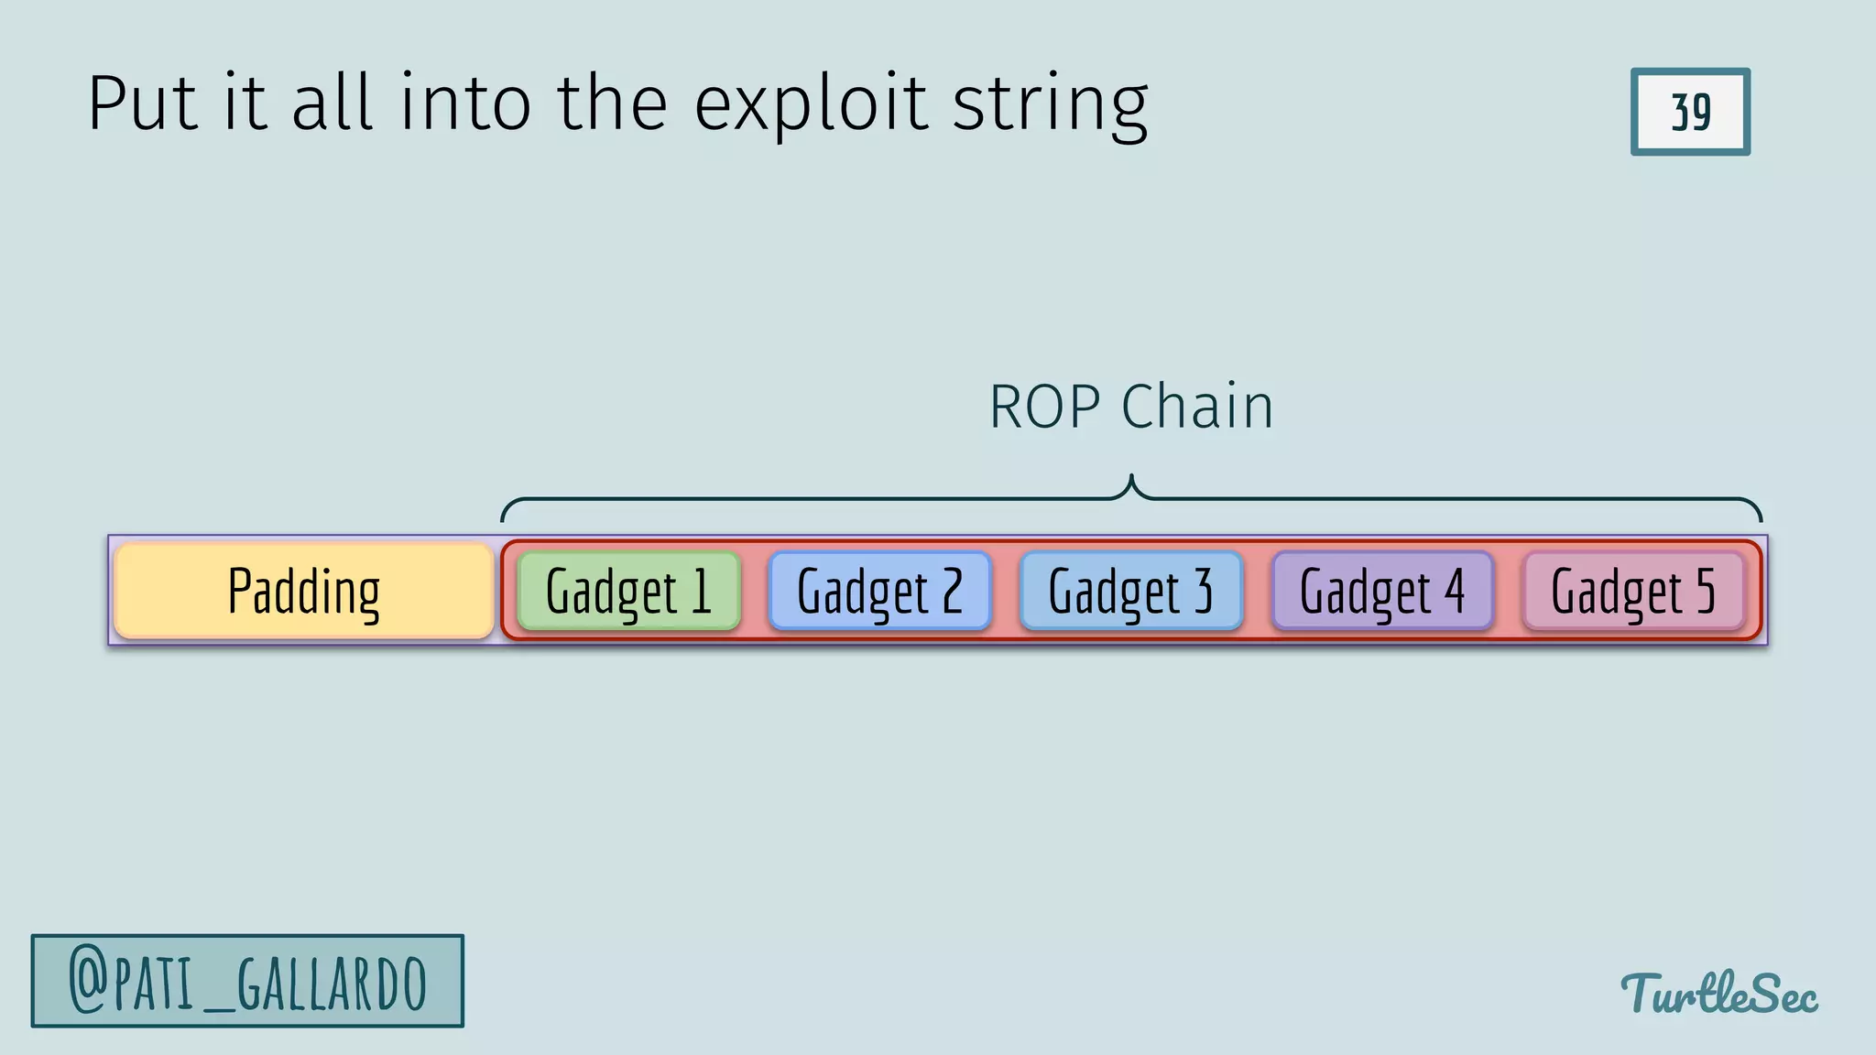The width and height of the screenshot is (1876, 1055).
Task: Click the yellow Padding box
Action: (304, 592)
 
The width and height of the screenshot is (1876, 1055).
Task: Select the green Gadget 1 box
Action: (628, 592)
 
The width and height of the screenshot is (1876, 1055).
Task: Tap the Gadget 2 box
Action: (879, 592)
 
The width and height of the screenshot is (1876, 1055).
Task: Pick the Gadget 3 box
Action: (1130, 592)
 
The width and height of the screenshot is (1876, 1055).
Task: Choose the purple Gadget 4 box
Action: (1381, 592)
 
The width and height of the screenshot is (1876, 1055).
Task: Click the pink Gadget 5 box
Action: (1633, 592)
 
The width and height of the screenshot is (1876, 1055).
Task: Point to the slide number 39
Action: (1690, 112)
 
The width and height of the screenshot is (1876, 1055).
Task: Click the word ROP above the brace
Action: (1044, 407)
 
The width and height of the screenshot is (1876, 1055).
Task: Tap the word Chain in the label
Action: (1197, 407)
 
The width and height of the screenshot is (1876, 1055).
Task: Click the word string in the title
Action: (1050, 106)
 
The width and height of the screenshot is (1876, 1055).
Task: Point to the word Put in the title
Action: (143, 103)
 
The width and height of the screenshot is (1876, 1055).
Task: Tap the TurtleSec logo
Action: (1718, 994)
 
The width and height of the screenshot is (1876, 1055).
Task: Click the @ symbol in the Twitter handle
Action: (89, 982)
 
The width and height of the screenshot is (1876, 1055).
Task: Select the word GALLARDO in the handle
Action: (332, 984)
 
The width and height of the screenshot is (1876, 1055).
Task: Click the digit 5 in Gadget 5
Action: (1705, 592)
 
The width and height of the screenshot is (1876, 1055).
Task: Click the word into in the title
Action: (465, 103)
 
